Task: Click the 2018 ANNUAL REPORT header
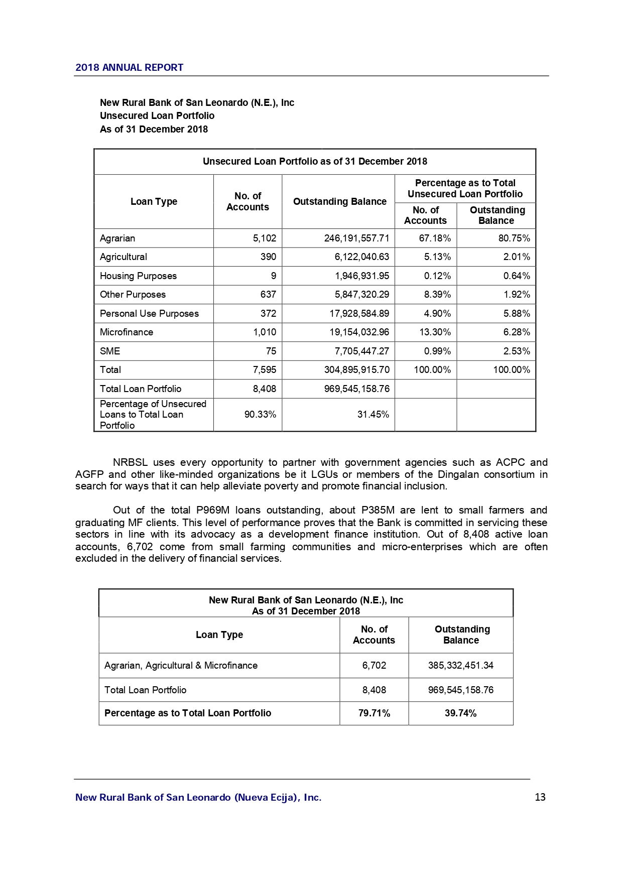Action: point(129,68)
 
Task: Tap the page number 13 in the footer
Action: point(540,797)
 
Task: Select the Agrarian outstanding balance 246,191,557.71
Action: point(356,238)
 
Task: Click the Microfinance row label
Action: point(127,332)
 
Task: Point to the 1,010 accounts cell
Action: point(265,332)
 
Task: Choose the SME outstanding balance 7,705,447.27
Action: point(362,351)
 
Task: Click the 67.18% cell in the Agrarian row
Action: point(435,238)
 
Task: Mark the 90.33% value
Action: point(260,415)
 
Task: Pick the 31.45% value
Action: point(373,415)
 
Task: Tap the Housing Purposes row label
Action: point(138,276)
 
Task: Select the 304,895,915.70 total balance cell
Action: point(356,370)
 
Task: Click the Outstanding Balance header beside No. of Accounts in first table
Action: point(339,202)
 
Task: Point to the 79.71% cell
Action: point(374,713)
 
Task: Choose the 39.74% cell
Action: point(460,713)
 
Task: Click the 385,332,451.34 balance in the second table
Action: point(460,666)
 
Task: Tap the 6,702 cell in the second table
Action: point(374,666)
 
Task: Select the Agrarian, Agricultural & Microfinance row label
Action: point(181,666)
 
